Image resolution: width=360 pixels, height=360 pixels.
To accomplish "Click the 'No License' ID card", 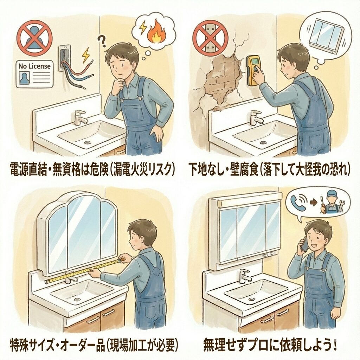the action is point(35,74).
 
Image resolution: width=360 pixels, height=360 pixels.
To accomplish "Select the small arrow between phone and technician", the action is point(313,203).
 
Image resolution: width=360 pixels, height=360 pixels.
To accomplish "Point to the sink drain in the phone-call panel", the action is point(252,299).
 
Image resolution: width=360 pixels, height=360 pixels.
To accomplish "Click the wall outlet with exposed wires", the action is point(64,58).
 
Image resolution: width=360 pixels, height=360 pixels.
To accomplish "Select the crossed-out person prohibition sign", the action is point(35,38).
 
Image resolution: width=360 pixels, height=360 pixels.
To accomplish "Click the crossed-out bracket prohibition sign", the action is point(210,38).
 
